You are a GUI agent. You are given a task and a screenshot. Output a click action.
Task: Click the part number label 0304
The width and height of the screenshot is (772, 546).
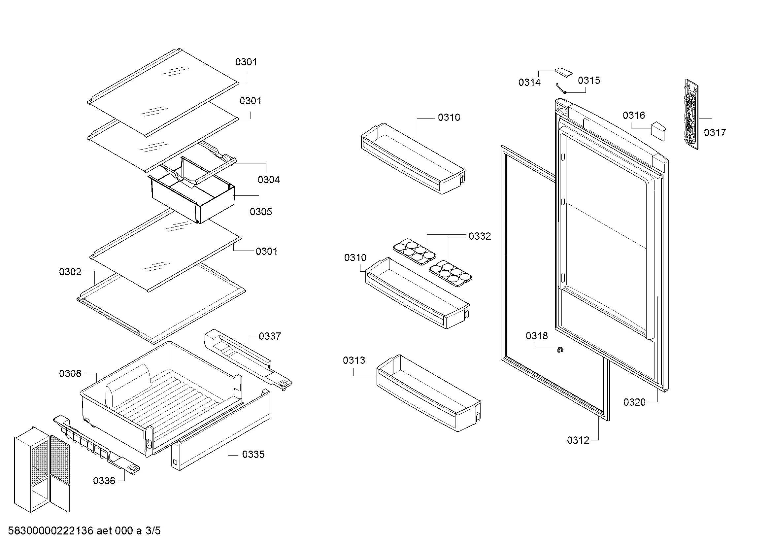click(269, 180)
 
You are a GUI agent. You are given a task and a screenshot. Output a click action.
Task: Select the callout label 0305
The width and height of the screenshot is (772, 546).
click(261, 212)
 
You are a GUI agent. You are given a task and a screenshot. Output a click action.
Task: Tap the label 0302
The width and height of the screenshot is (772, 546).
click(70, 272)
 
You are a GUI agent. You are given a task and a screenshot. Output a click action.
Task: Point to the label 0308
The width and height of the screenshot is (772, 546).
click(70, 373)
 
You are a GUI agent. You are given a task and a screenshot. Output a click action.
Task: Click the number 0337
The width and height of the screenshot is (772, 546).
click(270, 336)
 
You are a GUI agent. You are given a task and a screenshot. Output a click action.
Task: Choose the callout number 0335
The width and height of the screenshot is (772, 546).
click(253, 454)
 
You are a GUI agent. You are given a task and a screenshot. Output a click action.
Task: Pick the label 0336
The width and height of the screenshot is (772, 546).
click(104, 481)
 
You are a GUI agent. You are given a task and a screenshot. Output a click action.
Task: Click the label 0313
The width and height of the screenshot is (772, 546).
click(354, 360)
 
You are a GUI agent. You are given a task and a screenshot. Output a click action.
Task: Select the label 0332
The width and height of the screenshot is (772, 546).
click(480, 236)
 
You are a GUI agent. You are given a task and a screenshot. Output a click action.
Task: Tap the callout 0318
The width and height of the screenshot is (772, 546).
click(537, 335)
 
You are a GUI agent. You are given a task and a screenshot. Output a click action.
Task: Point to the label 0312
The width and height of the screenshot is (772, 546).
click(578, 440)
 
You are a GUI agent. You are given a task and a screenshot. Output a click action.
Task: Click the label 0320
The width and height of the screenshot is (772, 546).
click(634, 402)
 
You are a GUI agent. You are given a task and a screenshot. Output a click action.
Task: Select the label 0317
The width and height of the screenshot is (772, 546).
click(715, 132)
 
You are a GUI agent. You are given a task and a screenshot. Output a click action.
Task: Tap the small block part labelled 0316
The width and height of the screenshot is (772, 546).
click(658, 131)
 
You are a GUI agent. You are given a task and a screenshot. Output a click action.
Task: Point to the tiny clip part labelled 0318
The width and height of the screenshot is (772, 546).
click(560, 350)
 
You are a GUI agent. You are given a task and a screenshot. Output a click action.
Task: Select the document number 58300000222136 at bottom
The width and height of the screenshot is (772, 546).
click(50, 531)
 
